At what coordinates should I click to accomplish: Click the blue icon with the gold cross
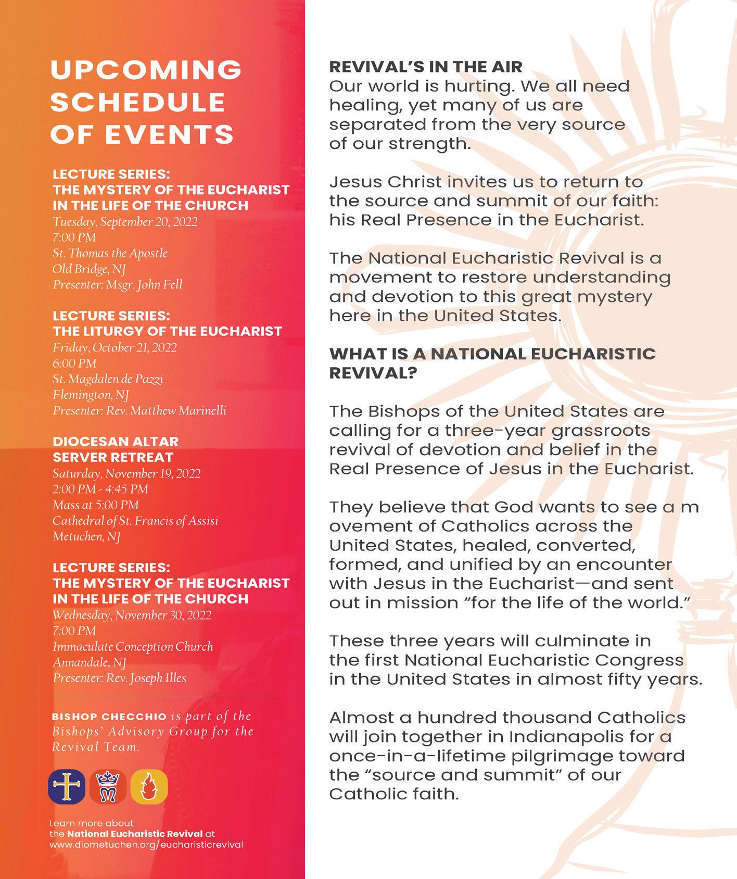click(66, 786)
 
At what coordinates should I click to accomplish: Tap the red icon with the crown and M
click(108, 786)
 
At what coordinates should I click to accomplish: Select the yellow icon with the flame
click(149, 786)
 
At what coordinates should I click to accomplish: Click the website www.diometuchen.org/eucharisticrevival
click(146, 845)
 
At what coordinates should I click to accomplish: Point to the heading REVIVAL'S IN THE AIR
click(426, 67)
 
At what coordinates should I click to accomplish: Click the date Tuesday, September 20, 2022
click(125, 222)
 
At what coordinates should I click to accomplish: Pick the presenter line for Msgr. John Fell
click(118, 285)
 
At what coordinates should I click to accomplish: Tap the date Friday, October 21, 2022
click(115, 347)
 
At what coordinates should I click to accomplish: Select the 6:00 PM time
click(74, 363)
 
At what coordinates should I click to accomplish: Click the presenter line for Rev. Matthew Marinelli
click(139, 410)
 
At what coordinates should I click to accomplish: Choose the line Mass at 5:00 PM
click(96, 505)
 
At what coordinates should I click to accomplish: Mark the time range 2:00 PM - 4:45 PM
click(100, 489)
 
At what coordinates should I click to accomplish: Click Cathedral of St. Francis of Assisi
click(135, 521)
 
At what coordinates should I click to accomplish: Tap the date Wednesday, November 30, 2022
click(132, 615)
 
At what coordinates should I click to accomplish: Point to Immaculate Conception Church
click(133, 647)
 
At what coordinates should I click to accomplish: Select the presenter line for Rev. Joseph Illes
click(119, 678)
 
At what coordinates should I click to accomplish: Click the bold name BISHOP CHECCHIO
click(109, 717)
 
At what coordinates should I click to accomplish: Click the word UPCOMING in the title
click(146, 70)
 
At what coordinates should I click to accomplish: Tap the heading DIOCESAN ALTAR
click(116, 442)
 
